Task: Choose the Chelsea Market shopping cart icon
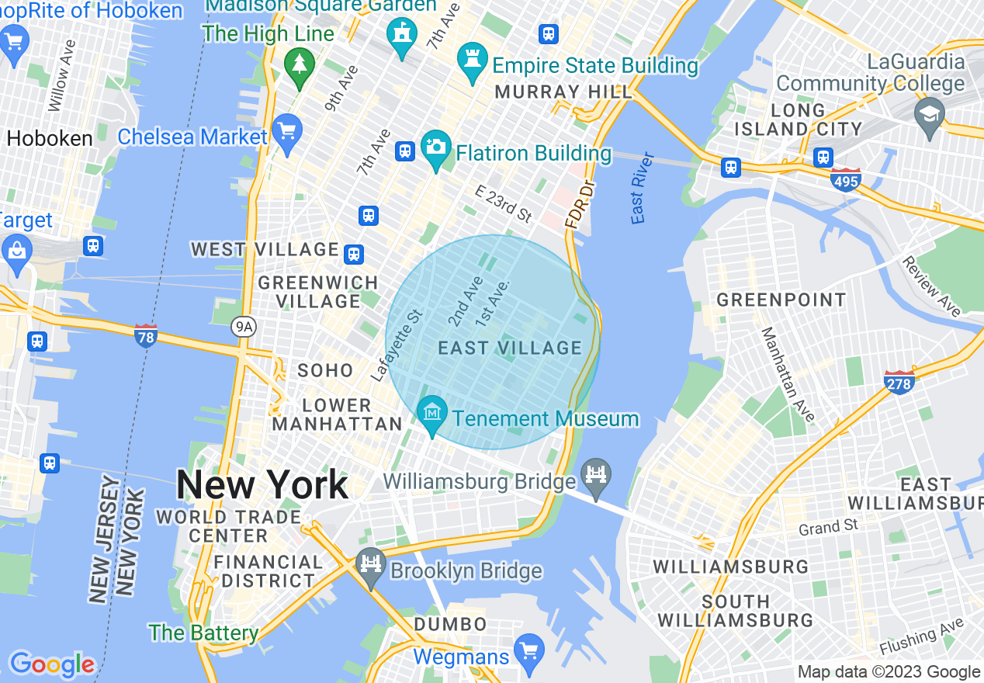[287, 133]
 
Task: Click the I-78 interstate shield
[145, 335]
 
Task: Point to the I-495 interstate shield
[845, 179]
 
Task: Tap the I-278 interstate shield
[899, 381]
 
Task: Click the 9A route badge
[243, 327]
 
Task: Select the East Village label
[510, 348]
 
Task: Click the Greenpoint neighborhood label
[781, 300]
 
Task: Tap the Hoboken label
[50, 138]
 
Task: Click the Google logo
[52, 664]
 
